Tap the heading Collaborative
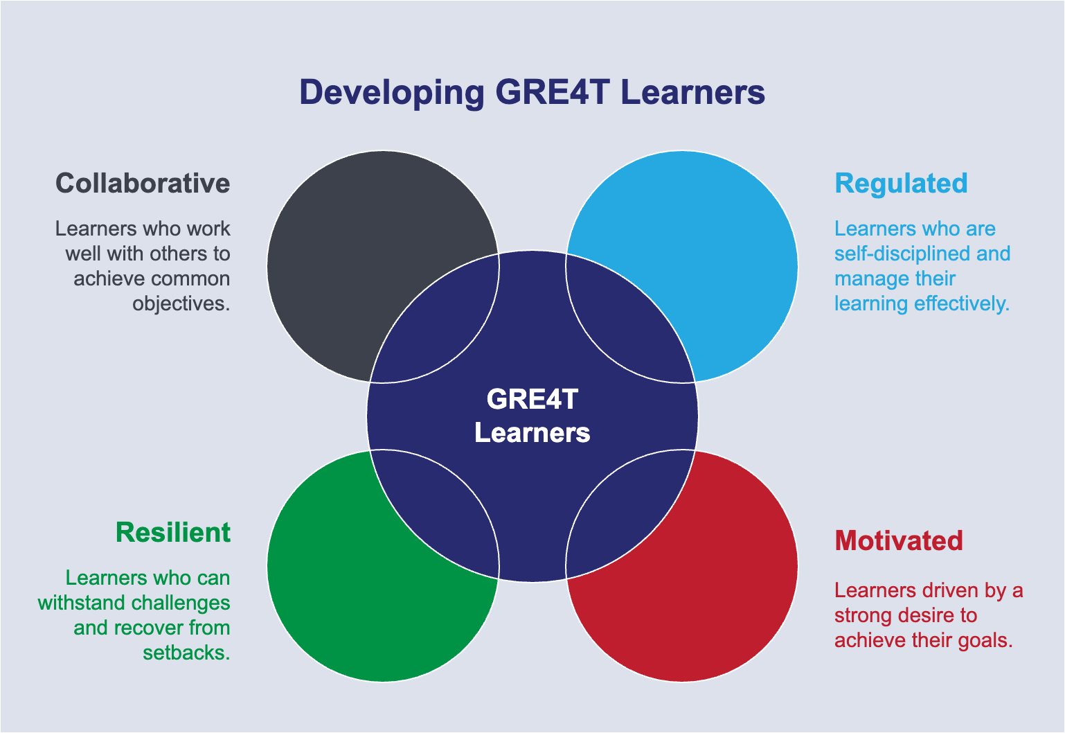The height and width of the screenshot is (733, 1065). click(143, 183)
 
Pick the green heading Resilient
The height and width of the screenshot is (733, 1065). click(173, 532)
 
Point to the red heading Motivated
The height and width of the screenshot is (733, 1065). click(899, 541)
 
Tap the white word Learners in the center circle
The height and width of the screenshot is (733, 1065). click(532, 433)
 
